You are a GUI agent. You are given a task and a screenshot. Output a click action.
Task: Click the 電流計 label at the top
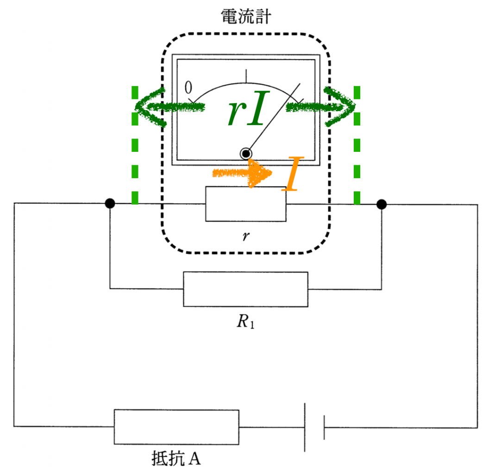click(x=245, y=17)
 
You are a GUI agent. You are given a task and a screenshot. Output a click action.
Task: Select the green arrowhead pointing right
click(x=341, y=107)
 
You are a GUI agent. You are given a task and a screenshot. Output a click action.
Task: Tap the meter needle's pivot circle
click(x=245, y=154)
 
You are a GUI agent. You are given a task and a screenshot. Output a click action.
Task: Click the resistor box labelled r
click(x=246, y=204)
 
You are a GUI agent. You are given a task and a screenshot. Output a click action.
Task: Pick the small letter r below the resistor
click(x=245, y=237)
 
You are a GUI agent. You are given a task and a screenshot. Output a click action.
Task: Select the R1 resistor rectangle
click(x=245, y=289)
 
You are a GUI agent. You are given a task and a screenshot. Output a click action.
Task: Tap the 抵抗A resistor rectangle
click(x=176, y=426)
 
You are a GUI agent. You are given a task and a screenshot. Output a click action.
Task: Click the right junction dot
click(x=382, y=204)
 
